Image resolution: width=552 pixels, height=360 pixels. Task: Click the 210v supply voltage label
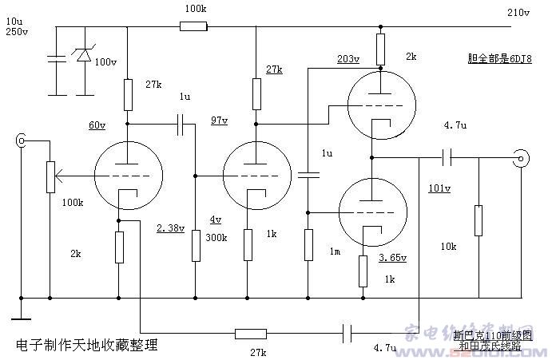point(518,13)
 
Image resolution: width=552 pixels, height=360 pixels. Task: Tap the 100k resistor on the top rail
point(193,26)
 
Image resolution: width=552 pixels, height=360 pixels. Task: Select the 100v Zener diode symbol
point(83,55)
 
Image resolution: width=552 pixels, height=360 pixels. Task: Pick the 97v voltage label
point(218,121)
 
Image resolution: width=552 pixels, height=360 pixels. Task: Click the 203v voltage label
point(347,59)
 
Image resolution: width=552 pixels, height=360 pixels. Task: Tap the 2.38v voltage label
point(171,228)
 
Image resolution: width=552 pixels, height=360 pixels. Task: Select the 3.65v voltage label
point(393,258)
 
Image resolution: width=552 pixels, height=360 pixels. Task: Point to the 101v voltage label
point(439,189)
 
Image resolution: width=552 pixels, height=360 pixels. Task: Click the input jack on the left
point(20,142)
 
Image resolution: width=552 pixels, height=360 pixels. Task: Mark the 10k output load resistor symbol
point(478,220)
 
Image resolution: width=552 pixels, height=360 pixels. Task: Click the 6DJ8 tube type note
point(499,59)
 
